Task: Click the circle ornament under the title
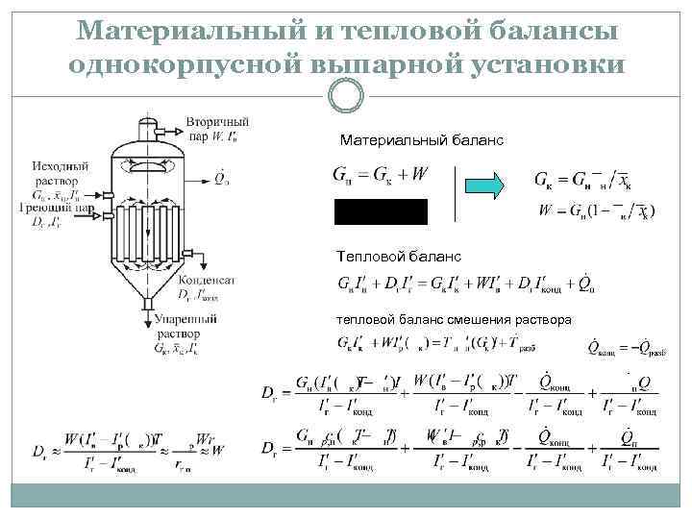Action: click(346, 96)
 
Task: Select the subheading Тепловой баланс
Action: click(398, 257)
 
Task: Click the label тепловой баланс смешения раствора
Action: click(454, 319)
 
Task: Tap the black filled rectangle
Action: click(381, 211)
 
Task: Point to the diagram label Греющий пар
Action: click(55, 207)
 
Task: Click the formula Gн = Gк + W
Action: click(381, 175)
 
